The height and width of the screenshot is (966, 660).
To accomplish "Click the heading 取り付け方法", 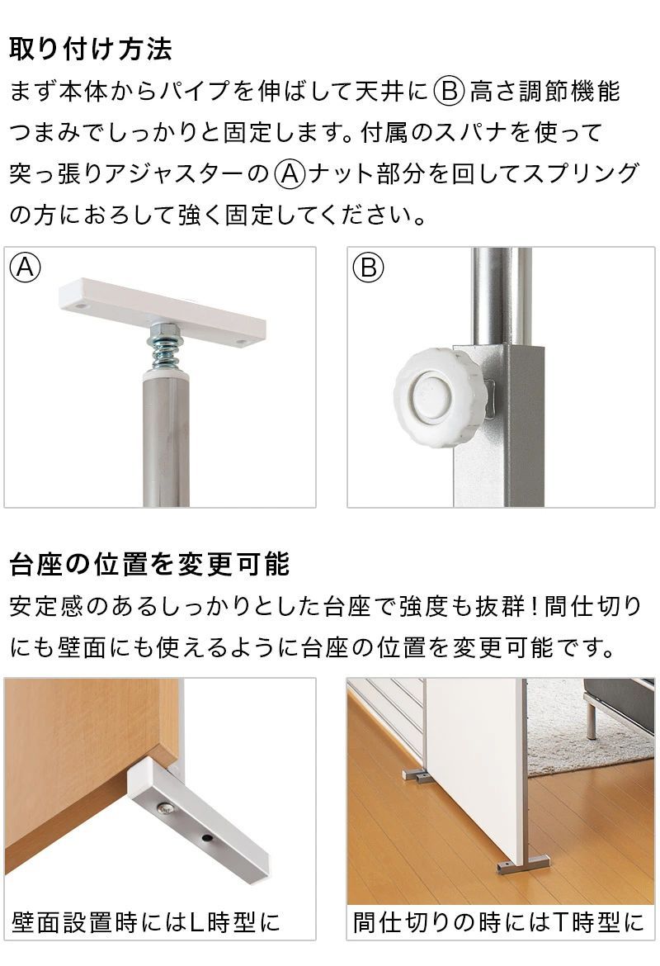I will click(x=91, y=49).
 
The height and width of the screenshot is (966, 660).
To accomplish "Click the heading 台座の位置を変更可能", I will click(x=149, y=565).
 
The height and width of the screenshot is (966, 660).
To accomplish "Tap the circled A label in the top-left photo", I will click(x=26, y=268).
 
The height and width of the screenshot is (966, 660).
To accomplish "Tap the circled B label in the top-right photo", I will click(x=369, y=268).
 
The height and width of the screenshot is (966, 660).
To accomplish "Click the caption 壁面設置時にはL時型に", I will click(x=146, y=921).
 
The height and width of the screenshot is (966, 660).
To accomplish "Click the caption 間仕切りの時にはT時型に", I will click(x=498, y=921).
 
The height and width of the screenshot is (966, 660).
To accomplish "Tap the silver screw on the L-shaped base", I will click(x=168, y=810).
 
